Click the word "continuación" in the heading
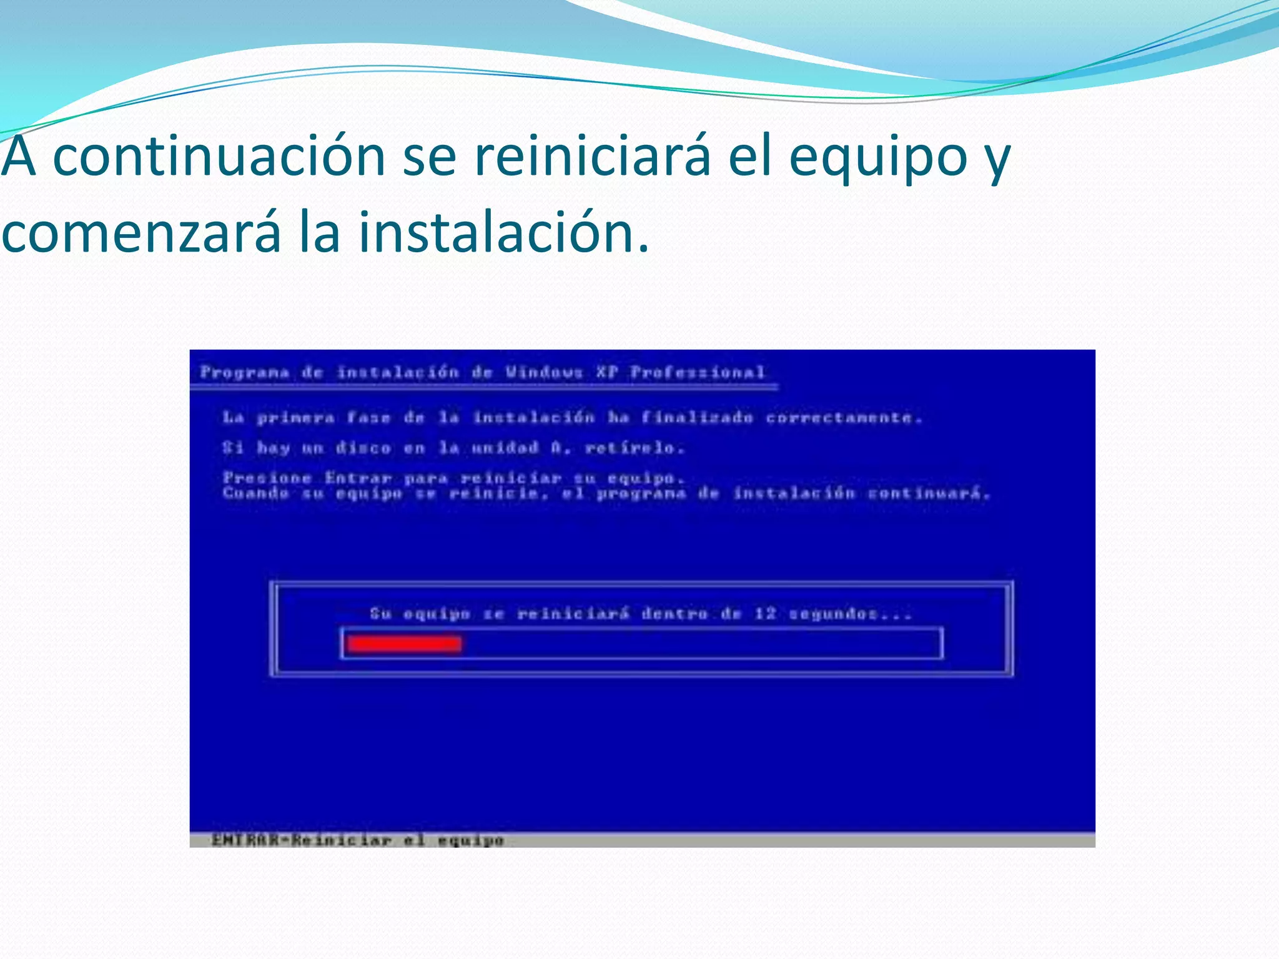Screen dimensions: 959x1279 pos(219,157)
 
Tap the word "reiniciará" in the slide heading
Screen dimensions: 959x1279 pos(593,157)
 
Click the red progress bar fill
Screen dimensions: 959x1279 pos(404,644)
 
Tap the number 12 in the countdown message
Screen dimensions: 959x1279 pos(765,614)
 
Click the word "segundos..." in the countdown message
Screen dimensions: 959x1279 pos(850,614)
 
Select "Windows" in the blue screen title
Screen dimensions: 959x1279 pos(545,373)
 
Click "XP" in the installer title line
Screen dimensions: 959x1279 pos(606,373)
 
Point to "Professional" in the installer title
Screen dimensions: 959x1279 pos(698,373)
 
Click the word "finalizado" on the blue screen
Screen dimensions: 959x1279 pos(697,418)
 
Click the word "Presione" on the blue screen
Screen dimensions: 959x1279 pos(267,478)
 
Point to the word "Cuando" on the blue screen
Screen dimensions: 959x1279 pos(256,494)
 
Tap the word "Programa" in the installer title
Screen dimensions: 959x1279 pos(245,373)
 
